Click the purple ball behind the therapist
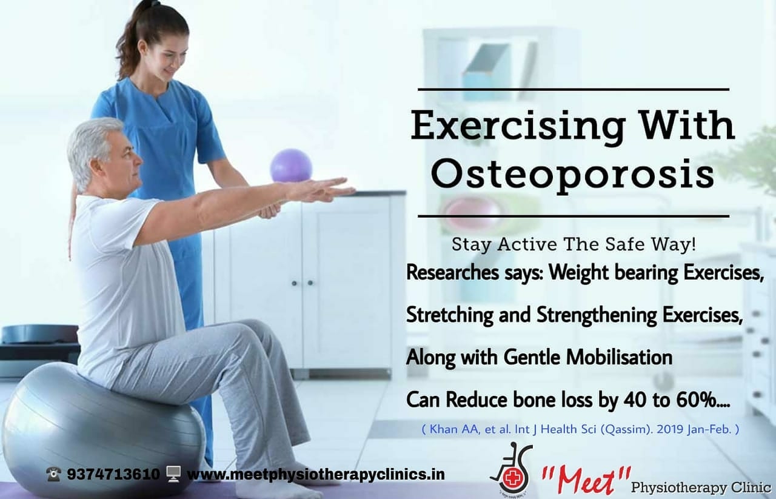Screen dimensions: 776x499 tap(291, 166)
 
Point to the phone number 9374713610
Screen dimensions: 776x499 tap(113, 474)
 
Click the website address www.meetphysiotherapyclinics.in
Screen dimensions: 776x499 tap(316, 474)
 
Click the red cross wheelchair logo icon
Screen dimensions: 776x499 tap(512, 469)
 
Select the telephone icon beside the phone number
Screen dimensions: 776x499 tap(54, 474)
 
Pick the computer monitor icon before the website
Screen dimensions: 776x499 tap(173, 474)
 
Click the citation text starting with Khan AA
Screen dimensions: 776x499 tap(581, 430)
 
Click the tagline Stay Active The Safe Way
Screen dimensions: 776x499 tap(574, 244)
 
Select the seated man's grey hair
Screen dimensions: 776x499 tap(91, 149)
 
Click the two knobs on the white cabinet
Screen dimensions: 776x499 tap(302, 283)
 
